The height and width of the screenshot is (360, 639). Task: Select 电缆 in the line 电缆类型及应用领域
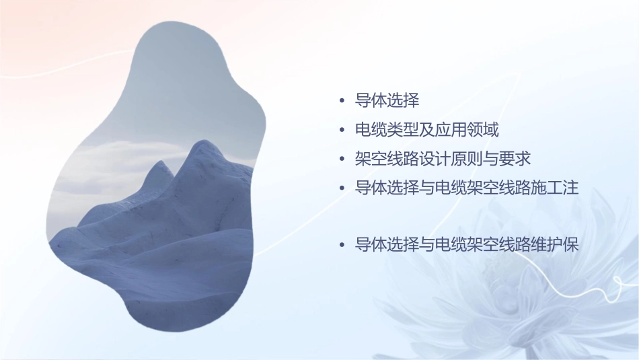[x=371, y=129]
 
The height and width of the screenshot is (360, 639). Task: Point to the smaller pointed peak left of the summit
[x=159, y=164]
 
